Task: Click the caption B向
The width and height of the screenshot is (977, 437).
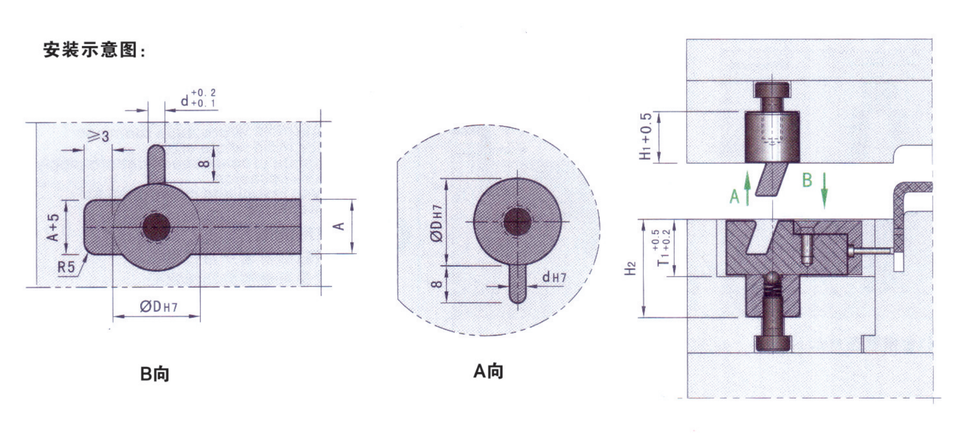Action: (x=155, y=374)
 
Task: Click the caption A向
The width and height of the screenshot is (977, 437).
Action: (x=488, y=371)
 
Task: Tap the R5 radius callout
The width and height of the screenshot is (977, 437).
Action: (x=66, y=266)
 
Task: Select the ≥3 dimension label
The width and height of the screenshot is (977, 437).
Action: (x=98, y=135)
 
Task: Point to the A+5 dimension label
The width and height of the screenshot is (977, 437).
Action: (x=53, y=227)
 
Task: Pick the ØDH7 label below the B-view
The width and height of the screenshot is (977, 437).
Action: (x=158, y=307)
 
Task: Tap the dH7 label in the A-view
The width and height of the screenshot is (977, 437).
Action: (x=554, y=277)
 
